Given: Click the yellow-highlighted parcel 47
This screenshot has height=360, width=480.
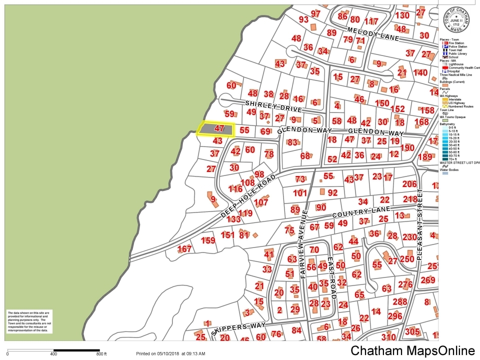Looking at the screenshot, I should click(216, 129).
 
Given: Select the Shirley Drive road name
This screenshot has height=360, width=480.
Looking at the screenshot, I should click(273, 106).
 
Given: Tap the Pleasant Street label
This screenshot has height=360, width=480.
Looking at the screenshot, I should click(419, 224).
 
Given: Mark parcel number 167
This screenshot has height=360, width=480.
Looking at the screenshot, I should click(184, 249).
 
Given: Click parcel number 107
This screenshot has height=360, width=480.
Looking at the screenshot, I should click(261, 202).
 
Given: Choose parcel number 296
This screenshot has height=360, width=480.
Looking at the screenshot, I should click(394, 316).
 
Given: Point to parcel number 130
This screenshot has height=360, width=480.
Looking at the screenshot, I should click(402, 15).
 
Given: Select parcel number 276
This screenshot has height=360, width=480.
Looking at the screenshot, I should click(404, 284).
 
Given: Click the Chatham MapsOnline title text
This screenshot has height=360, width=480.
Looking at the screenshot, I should click(412, 350).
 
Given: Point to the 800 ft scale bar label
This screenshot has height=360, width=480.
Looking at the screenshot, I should click(101, 354).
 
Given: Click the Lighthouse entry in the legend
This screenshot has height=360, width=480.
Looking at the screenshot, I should click(455, 64).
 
